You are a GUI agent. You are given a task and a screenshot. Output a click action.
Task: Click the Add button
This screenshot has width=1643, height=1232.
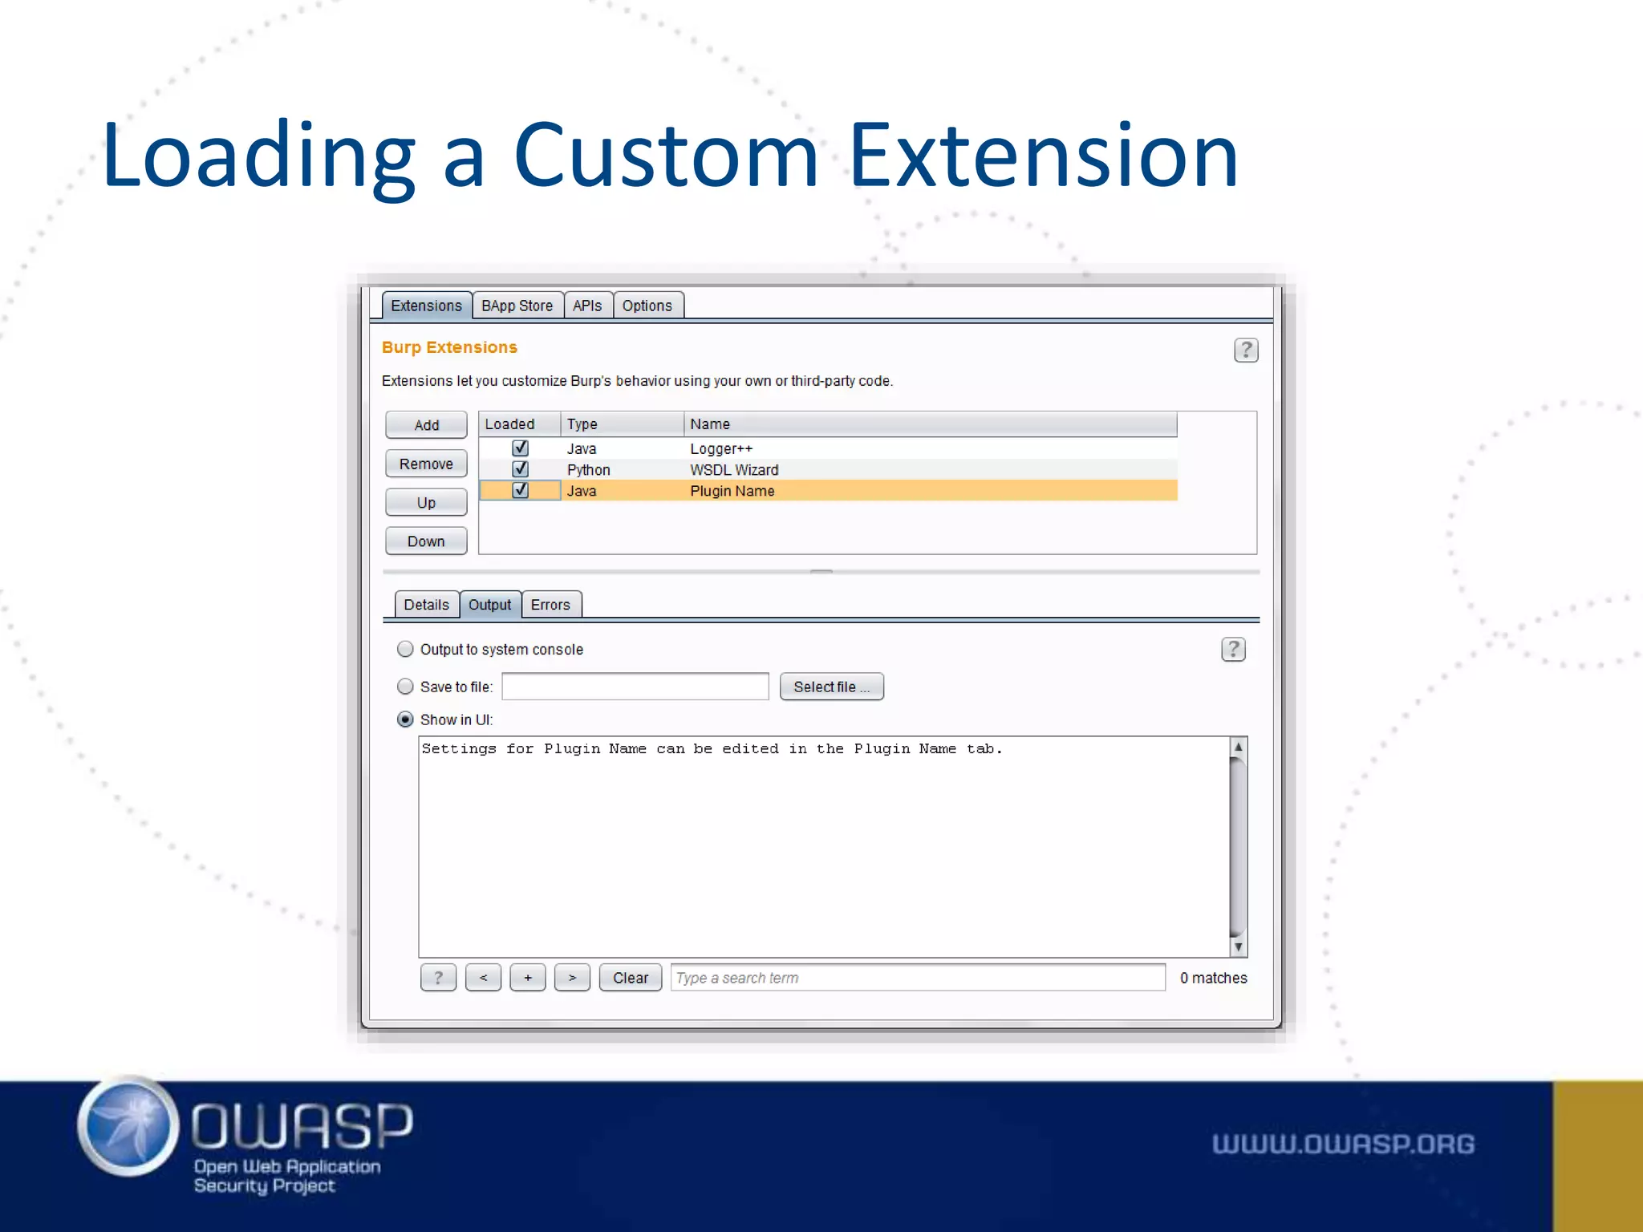click(x=426, y=425)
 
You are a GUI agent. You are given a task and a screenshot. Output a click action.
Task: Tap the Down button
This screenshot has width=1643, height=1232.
click(x=426, y=541)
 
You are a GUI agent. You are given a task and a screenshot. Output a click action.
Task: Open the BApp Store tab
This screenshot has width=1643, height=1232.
click(x=517, y=306)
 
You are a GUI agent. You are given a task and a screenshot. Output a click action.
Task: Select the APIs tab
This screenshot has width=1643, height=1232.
click(x=587, y=306)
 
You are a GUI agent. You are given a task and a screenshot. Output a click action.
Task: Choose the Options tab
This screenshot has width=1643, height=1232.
click(x=647, y=306)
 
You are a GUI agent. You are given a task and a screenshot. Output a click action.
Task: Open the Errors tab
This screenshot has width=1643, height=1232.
click(x=550, y=605)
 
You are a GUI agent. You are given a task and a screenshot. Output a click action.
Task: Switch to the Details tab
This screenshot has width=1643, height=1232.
click(x=426, y=605)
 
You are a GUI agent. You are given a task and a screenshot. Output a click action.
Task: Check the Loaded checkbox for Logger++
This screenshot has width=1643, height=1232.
click(x=520, y=448)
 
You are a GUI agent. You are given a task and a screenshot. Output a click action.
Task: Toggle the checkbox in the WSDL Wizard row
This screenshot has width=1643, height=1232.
click(x=520, y=469)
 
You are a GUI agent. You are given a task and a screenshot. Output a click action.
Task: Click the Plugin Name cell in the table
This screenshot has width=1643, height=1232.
click(x=732, y=491)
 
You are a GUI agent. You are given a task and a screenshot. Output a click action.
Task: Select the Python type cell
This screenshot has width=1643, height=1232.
click(x=589, y=470)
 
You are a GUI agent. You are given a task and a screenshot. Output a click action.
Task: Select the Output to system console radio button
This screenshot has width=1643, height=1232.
click(x=406, y=649)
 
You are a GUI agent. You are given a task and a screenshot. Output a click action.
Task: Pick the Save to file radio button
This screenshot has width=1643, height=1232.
click(x=406, y=687)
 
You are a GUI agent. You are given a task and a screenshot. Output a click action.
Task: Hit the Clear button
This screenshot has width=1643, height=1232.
click(x=631, y=978)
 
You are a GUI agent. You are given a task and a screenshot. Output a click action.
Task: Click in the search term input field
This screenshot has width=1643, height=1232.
click(x=917, y=978)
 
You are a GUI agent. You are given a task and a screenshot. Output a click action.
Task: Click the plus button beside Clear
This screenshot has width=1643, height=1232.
click(x=528, y=978)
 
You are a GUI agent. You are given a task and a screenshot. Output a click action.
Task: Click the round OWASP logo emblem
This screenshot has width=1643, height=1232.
click(x=128, y=1127)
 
